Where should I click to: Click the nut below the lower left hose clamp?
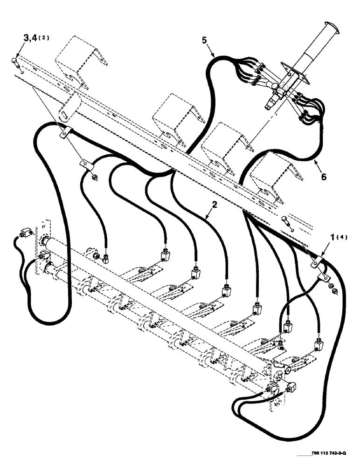(x=94, y=176)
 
